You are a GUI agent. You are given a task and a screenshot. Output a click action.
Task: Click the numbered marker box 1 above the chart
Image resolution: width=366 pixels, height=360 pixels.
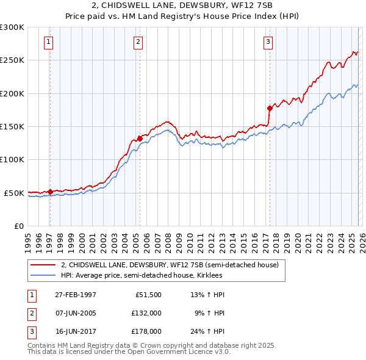tap(48, 42)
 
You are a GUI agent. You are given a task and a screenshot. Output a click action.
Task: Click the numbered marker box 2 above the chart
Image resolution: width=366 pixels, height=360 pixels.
tap(138, 42)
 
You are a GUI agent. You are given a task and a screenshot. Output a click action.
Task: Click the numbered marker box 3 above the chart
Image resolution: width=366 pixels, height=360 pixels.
tap(268, 42)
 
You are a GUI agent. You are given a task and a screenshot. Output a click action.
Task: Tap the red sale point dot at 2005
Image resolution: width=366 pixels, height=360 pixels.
tap(140, 139)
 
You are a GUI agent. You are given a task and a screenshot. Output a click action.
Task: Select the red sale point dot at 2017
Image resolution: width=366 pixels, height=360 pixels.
tap(270, 108)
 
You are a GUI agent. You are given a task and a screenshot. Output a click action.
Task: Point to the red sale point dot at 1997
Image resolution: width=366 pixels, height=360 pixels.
tap(50, 192)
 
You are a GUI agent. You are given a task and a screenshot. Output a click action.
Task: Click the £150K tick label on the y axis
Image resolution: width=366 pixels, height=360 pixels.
tap(12, 126)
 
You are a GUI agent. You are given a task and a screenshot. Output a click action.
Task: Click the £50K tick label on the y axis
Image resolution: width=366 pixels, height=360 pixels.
tap(14, 193)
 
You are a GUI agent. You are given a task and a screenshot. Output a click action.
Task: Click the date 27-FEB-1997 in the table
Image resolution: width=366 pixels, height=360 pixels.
tap(75, 295)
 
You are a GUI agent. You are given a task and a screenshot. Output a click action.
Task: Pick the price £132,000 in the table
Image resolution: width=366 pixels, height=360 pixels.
tap(146, 313)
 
